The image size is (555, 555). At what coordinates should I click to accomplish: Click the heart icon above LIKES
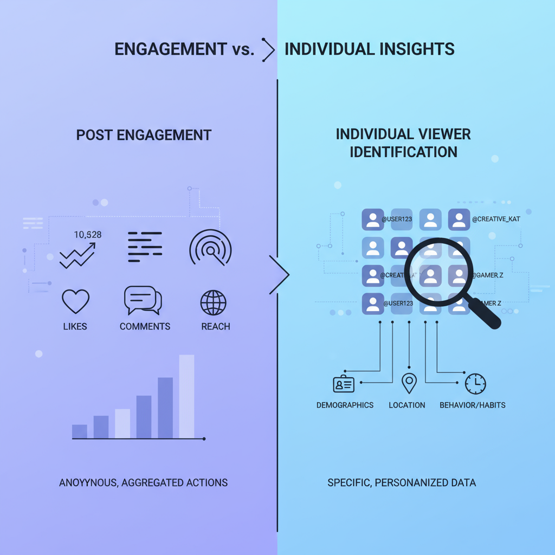pyautogui.click(x=75, y=301)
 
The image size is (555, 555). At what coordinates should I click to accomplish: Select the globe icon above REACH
pyautogui.click(x=214, y=302)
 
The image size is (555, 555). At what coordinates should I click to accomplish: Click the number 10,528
pyautogui.click(x=87, y=235)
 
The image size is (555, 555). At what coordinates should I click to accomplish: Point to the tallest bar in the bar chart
pyautogui.click(x=186, y=396)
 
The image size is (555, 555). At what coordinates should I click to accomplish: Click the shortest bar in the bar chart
pyautogui.click(x=80, y=431)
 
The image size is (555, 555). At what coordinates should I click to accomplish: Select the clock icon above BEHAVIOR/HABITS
pyautogui.click(x=475, y=384)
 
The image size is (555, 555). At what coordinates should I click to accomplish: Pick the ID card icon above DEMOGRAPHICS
pyautogui.click(x=344, y=384)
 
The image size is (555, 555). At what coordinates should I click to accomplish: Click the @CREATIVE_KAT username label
pyautogui.click(x=496, y=220)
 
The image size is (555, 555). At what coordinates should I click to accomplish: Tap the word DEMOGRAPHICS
pyautogui.click(x=345, y=405)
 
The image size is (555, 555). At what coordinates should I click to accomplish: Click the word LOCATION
pyautogui.click(x=407, y=405)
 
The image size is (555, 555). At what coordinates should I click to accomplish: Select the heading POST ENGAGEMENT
pyautogui.click(x=144, y=135)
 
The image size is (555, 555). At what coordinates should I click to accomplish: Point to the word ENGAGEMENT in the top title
pyautogui.click(x=171, y=49)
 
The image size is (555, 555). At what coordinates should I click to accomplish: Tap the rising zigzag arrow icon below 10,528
pyautogui.click(x=76, y=255)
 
